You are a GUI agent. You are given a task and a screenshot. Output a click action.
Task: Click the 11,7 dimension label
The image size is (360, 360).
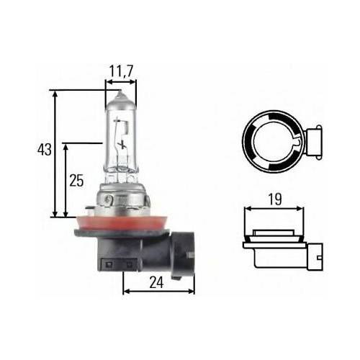tap(121, 71)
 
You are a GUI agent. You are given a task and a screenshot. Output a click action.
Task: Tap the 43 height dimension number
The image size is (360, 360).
tap(45, 150)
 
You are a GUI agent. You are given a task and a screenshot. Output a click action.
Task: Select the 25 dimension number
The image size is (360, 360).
tap(76, 181)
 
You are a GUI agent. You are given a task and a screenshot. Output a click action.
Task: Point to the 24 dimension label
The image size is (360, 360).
tap(156, 282)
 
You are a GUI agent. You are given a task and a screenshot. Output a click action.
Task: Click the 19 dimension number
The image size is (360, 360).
tap(275, 199)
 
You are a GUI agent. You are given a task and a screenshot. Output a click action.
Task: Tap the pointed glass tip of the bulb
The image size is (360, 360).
tap(120, 94)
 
